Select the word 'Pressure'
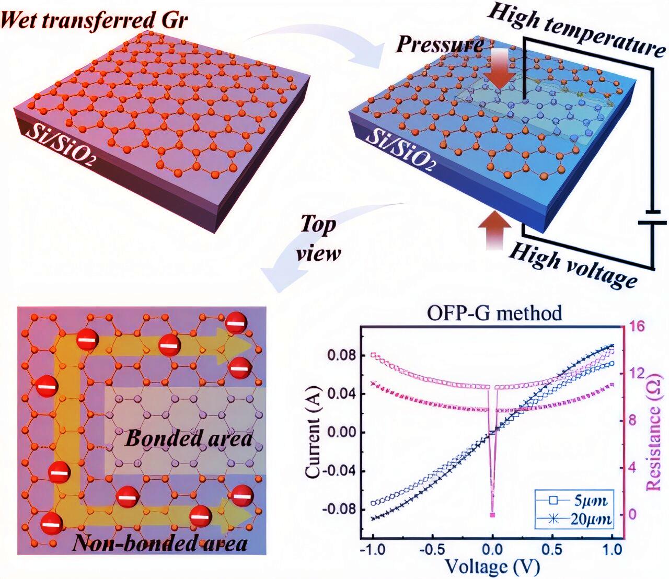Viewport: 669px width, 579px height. pos(439,44)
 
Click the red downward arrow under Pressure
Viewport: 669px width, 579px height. pos(499,73)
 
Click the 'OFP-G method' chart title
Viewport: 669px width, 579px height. pos(494,313)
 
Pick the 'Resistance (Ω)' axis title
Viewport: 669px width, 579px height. pos(654,434)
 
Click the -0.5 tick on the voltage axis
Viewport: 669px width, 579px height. pos(433,550)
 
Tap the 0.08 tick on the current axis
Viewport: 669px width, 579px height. pos(341,355)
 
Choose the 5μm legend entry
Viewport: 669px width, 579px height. pos(575,501)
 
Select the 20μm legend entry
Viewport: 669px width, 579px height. pos(575,519)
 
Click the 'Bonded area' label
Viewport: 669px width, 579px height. pos(188,438)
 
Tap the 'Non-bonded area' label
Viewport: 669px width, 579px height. pos(160,543)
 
